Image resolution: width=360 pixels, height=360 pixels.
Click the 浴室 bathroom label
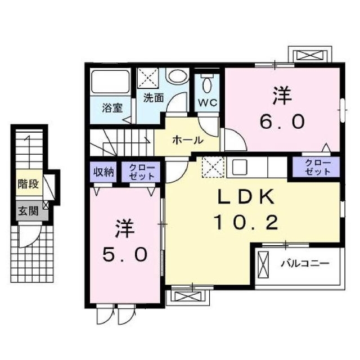112,107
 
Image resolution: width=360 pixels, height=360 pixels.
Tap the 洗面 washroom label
153,97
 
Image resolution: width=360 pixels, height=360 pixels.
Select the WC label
208,104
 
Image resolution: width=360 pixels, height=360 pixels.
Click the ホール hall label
187,139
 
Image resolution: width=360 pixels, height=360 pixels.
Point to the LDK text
246,197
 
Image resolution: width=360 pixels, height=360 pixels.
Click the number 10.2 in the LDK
246,223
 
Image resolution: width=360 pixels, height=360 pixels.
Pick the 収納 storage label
103,171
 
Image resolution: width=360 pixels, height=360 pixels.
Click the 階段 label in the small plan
28,184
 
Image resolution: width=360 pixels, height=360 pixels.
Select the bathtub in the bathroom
111,83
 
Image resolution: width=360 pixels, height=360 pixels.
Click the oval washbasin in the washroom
178,78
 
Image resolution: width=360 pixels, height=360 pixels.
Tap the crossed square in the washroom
148,78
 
